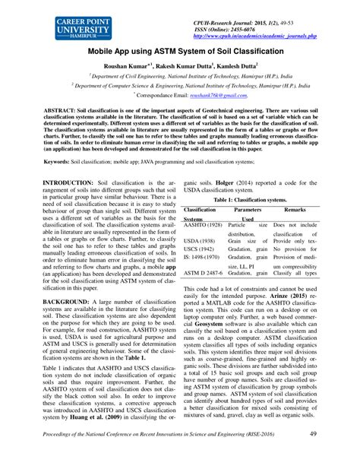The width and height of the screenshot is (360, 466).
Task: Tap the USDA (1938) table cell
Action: [201, 241]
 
